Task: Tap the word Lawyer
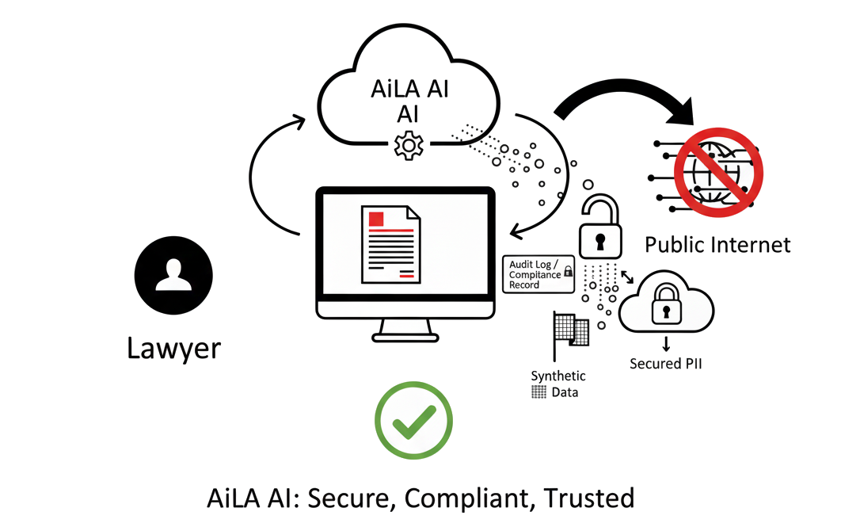[x=173, y=347]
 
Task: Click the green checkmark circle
[x=413, y=421]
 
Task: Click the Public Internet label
[x=717, y=244]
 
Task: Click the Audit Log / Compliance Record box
[x=539, y=273]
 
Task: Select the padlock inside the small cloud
[x=666, y=306]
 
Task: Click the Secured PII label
[x=666, y=364]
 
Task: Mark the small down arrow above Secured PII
[x=666, y=344]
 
